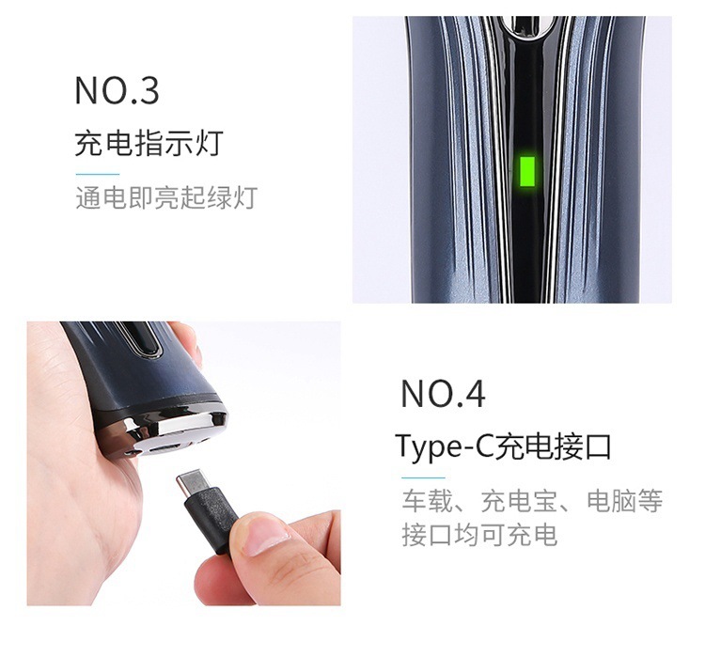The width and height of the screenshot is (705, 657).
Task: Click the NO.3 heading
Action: tap(117, 91)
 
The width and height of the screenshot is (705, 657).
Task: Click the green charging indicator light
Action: tap(526, 172)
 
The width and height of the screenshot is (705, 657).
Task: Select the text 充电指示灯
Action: tap(149, 144)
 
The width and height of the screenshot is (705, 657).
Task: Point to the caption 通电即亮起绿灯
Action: tap(165, 198)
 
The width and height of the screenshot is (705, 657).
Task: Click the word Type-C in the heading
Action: tap(445, 446)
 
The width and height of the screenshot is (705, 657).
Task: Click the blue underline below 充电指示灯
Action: tap(97, 174)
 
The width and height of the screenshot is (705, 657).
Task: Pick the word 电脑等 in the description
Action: tap(624, 501)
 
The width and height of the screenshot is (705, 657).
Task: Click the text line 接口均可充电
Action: tap(479, 535)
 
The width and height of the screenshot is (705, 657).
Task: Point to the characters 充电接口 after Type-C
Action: tap(556, 446)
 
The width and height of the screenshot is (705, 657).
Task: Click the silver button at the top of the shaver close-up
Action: tap(524, 26)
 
